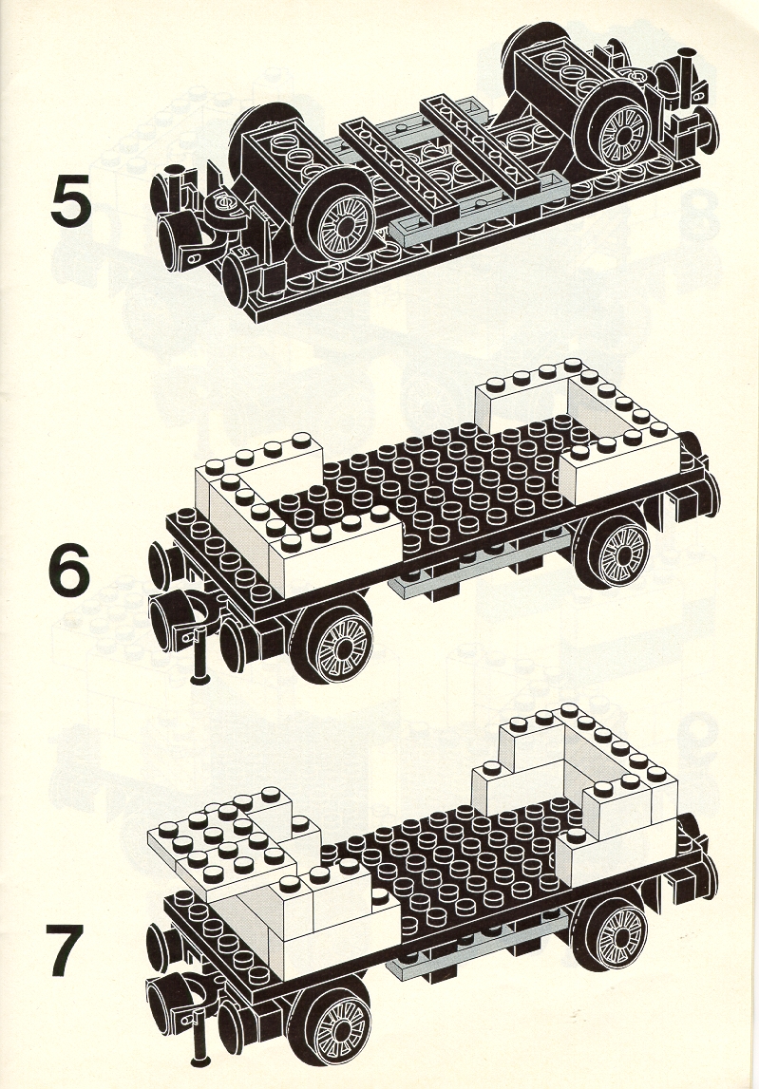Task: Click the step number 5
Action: coord(71,199)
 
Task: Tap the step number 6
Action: coord(69,570)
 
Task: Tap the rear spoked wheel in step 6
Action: coord(615,553)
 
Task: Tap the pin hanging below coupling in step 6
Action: coord(200,656)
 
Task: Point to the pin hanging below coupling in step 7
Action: coord(199,1040)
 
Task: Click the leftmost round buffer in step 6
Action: coord(159,565)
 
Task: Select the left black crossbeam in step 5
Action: coord(399,163)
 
